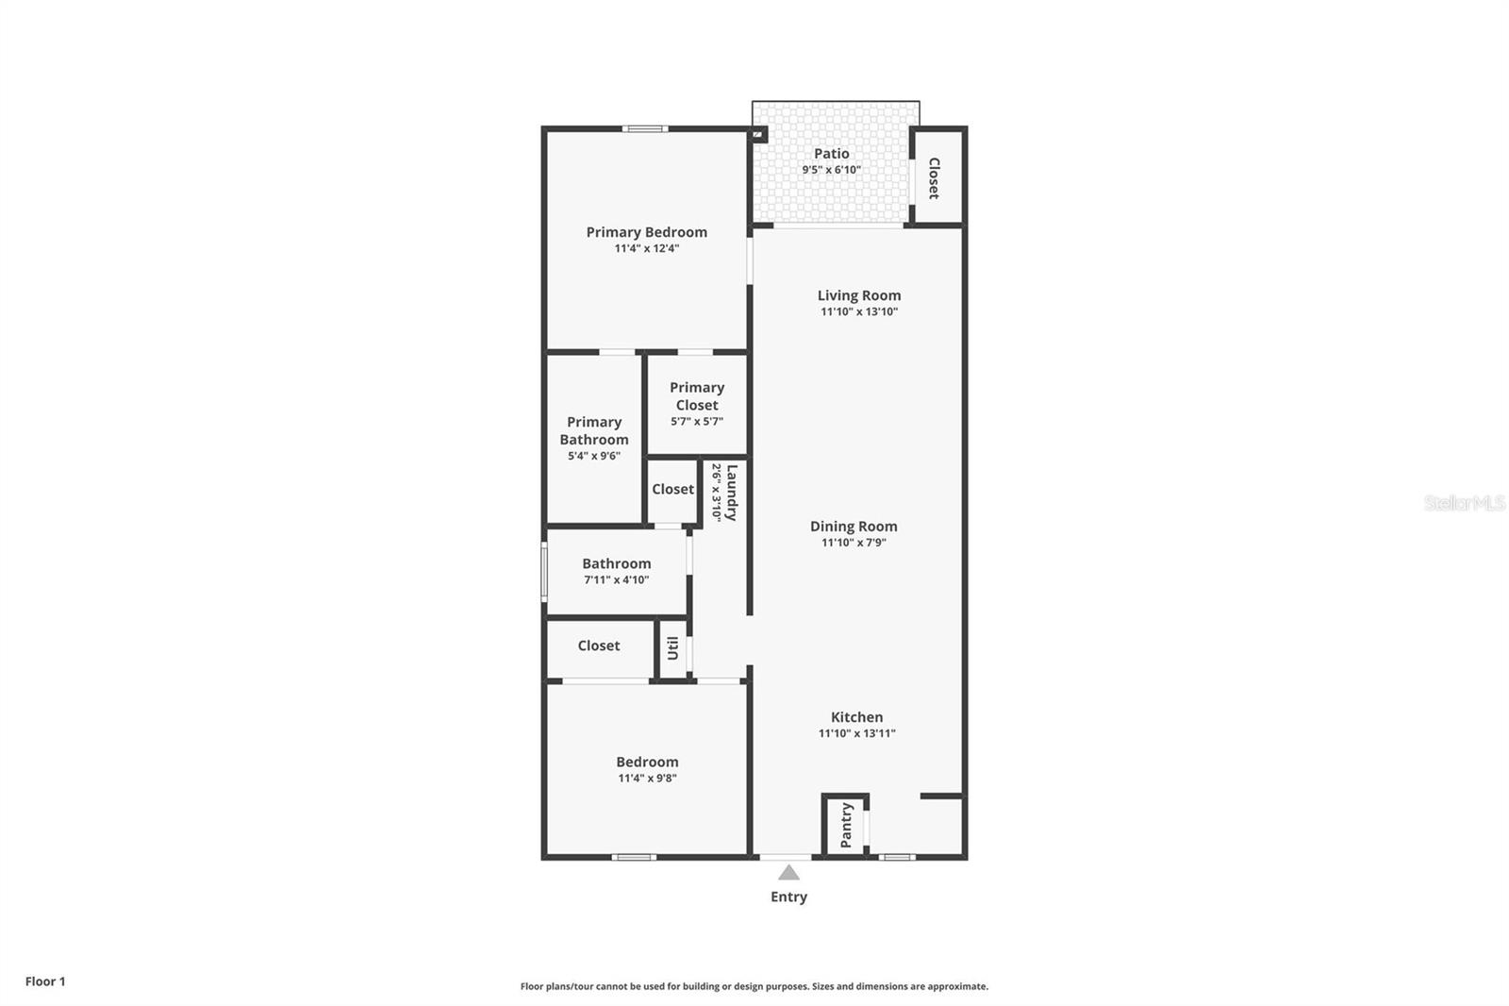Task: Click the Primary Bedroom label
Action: point(646,232)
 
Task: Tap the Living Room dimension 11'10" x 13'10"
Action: point(858,311)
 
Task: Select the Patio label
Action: point(832,154)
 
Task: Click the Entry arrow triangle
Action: point(788,873)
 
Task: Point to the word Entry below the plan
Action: point(788,897)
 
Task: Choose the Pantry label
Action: point(846,825)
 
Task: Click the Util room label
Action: point(672,648)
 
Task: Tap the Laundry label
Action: point(731,492)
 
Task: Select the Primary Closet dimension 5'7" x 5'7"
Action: point(697,422)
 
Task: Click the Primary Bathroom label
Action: point(594,430)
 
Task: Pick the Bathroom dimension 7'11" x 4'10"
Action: point(616,580)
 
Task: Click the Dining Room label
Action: point(854,527)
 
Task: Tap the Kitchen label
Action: point(856,717)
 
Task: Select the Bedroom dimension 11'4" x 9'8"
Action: point(647,779)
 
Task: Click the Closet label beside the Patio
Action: point(934,177)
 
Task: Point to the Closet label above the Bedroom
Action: point(599,646)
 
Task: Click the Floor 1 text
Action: point(45,981)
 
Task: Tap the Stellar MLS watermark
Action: point(1464,504)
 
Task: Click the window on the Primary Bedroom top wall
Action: point(645,128)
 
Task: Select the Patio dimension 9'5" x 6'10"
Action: point(831,170)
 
